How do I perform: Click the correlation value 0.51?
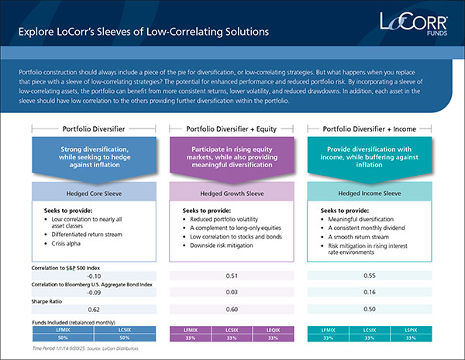click(x=232, y=275)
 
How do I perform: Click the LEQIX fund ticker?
click(x=273, y=330)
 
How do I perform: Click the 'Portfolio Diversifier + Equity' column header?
click(x=232, y=129)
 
